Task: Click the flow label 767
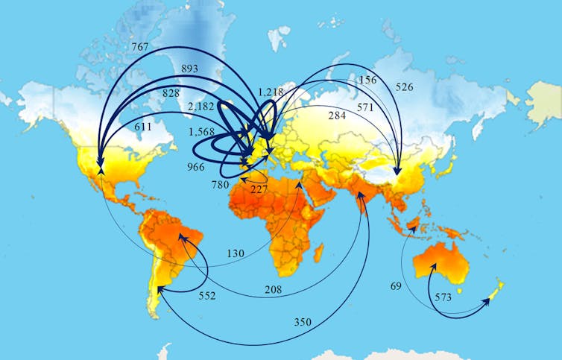[x=139, y=46]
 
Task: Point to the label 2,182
[x=201, y=107]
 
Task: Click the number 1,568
[x=201, y=132]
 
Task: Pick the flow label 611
[x=143, y=127]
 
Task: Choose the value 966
[x=195, y=167]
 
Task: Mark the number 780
[x=221, y=184]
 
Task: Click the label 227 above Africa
[x=259, y=189]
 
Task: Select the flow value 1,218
[x=271, y=92]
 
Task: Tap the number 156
[x=368, y=80]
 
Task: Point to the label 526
[x=404, y=87]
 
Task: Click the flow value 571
[x=364, y=107]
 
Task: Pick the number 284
[x=338, y=116]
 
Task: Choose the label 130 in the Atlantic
[x=236, y=254]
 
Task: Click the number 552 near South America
[x=206, y=296]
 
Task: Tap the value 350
[x=303, y=322]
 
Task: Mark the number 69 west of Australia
[x=397, y=286]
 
